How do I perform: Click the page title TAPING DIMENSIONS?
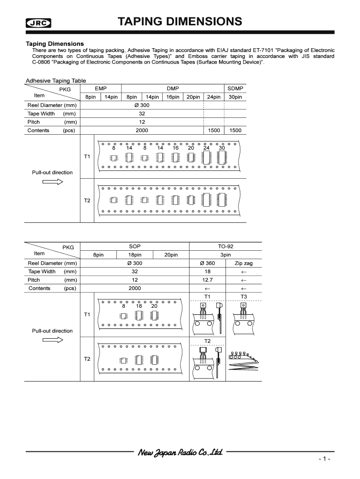pos(180,22)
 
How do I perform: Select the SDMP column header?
pos(235,88)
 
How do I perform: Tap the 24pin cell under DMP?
pos(214,97)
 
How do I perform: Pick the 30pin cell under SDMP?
pos(235,97)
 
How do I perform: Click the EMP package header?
pos(101,88)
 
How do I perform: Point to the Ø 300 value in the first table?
pos(142,105)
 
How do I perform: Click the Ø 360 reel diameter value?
pos(208,263)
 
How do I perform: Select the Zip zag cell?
pos(244,263)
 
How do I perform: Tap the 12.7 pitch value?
pos(208,280)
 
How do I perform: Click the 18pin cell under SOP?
pos(135,255)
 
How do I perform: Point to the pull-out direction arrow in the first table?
pos(52,182)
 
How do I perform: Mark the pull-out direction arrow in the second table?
pos(52,341)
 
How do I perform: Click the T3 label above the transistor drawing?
pos(244,297)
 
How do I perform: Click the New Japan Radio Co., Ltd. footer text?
pos(180,452)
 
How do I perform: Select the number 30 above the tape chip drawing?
pos(222,148)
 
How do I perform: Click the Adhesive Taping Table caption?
pos(56,80)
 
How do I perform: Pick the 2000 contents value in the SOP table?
pos(135,288)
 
